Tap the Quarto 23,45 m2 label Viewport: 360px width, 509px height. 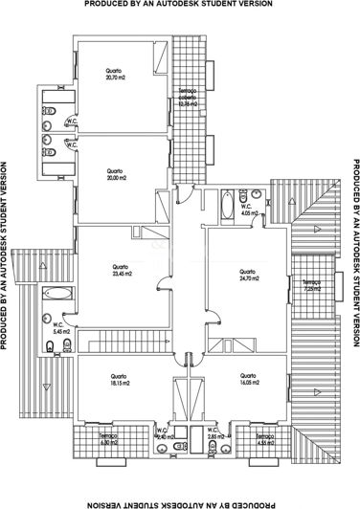(121, 269)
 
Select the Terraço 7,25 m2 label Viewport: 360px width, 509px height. (312, 285)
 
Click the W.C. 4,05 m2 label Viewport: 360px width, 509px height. (246, 210)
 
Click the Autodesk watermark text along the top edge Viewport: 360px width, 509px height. (180, 5)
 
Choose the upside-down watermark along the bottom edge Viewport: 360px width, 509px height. (180, 503)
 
